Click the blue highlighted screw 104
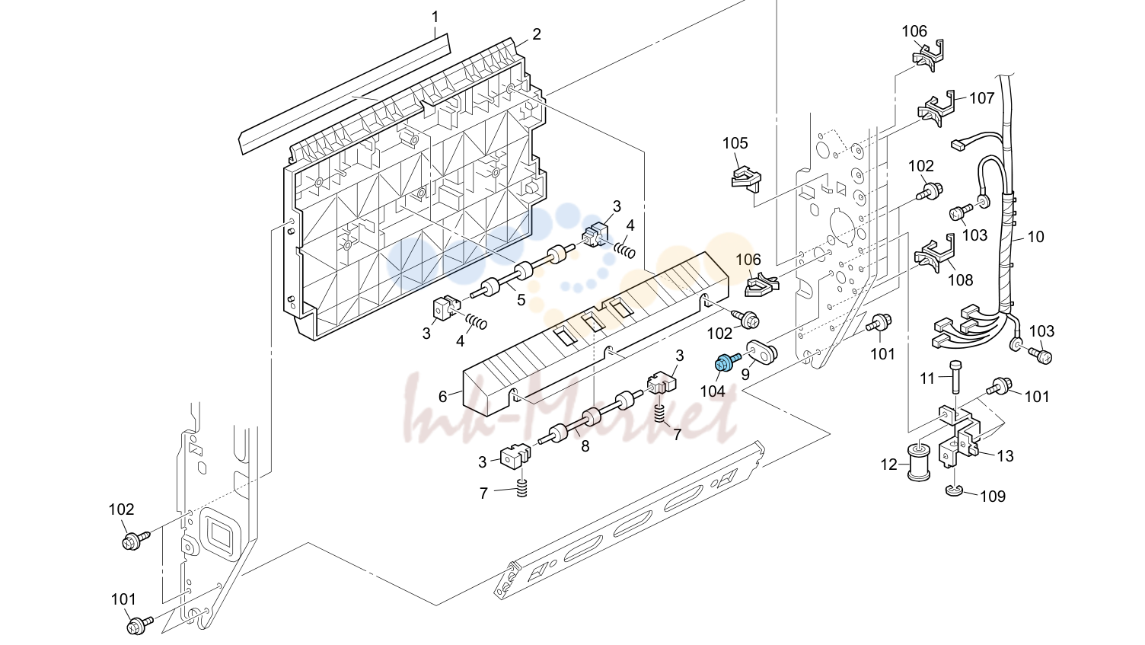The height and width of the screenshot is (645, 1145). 727,362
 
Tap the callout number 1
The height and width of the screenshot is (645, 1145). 435,18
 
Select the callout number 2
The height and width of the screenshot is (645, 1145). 536,34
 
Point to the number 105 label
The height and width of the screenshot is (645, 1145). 735,143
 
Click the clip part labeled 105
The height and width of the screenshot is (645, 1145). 745,178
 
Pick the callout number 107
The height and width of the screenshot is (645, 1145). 982,97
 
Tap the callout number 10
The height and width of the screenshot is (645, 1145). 1035,237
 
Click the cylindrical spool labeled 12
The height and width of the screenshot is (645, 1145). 919,462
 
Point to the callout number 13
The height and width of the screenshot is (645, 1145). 1005,455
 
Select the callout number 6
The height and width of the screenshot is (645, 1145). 442,397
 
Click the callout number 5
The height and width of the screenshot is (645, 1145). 521,300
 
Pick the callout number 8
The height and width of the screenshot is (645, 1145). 585,446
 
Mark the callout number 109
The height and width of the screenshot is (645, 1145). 993,497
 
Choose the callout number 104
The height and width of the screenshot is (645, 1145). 713,391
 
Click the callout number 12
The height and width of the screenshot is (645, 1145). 889,465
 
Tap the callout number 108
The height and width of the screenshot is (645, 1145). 961,279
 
